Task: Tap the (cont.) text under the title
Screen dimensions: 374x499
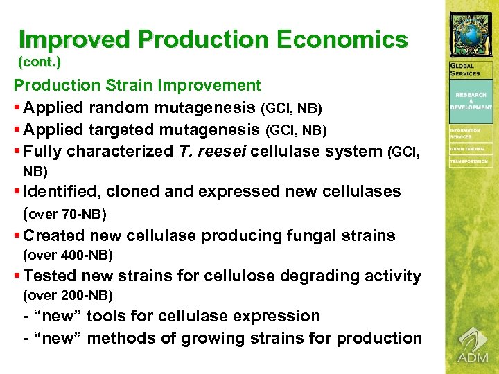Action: (x=40, y=62)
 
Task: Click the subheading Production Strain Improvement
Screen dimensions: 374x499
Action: (x=137, y=86)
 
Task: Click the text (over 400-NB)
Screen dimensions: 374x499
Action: (x=68, y=256)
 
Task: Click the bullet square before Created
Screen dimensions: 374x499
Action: (x=17, y=236)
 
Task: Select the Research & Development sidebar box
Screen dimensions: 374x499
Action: (x=471, y=101)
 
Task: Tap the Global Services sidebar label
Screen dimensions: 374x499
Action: (x=465, y=70)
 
